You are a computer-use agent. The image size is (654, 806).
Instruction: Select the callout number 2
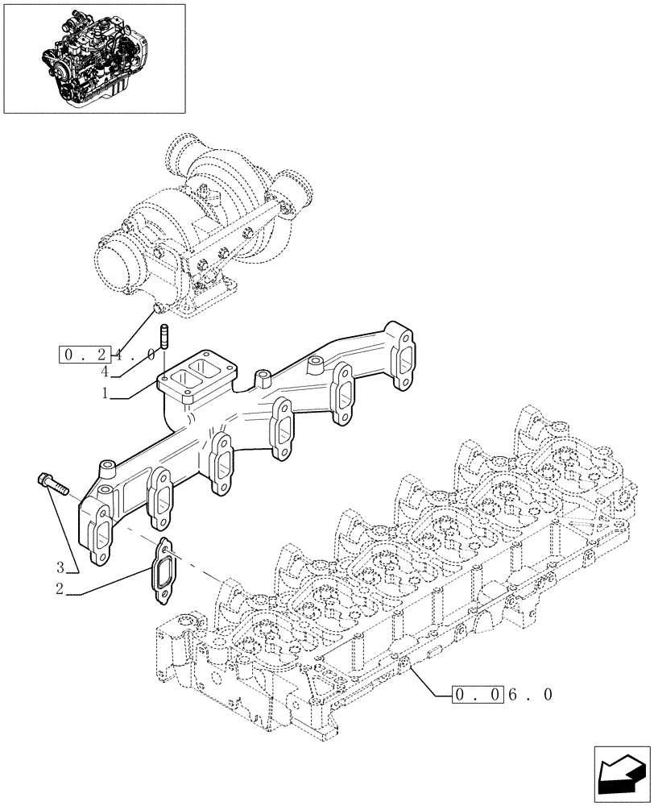point(60,589)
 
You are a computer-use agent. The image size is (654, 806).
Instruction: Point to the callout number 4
point(105,372)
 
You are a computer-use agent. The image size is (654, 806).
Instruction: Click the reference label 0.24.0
point(107,354)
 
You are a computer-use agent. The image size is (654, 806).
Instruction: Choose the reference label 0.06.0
point(503,694)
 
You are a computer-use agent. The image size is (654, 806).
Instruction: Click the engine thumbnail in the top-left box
point(94,58)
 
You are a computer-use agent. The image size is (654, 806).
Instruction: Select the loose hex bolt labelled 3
point(53,484)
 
